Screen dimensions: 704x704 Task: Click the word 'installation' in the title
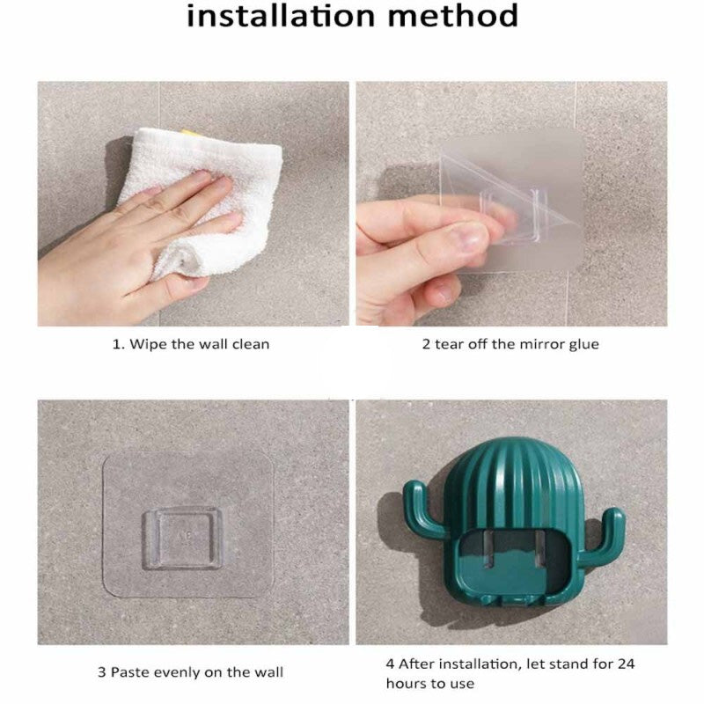coord(281,16)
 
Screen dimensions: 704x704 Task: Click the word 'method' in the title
coord(453,16)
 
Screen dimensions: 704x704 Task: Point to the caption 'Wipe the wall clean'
coord(200,344)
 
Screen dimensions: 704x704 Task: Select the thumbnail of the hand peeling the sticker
coord(511,203)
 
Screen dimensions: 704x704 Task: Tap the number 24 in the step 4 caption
coord(626,664)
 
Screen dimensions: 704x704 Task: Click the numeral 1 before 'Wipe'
coord(117,344)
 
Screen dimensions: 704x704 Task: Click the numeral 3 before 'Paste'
coord(102,672)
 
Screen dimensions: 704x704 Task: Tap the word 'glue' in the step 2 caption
coord(584,345)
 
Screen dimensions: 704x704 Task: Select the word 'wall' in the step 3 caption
coord(268,672)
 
